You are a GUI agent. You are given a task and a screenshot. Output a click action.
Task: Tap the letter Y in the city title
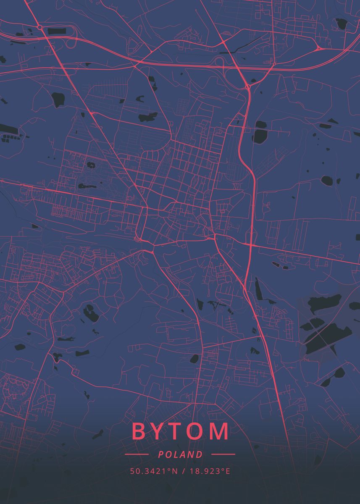(x=159, y=431)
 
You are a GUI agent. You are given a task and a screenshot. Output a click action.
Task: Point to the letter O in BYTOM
(x=197, y=431)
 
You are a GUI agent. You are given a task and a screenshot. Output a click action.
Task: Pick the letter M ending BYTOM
(x=219, y=431)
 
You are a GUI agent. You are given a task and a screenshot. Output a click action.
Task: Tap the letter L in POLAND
(x=176, y=454)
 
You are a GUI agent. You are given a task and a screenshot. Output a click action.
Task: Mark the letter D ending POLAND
(x=200, y=454)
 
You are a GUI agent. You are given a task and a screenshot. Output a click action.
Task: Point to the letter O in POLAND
(x=168, y=454)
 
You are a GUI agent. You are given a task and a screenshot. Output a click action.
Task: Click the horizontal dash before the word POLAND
(x=137, y=454)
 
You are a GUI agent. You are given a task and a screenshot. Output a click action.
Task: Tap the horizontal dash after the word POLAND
(x=223, y=454)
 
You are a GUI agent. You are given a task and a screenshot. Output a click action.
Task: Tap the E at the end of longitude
(x=228, y=471)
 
